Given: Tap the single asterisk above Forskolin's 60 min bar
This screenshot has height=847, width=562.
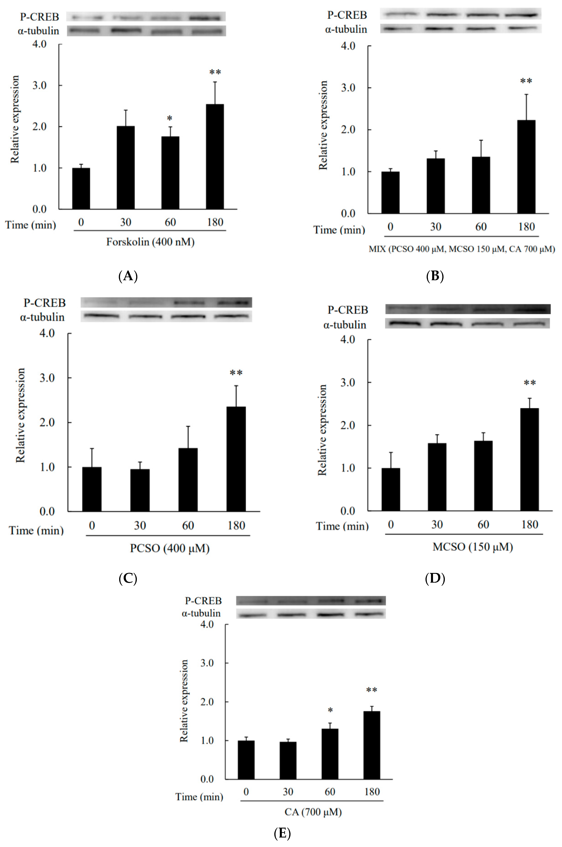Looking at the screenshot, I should (x=170, y=118).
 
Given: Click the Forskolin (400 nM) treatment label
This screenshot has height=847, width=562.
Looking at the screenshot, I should (x=150, y=242).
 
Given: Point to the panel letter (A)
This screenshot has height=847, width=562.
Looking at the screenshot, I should (x=128, y=276).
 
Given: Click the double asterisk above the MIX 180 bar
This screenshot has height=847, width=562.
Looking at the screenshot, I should (x=526, y=81).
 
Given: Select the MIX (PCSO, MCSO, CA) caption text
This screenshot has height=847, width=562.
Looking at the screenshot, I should (x=462, y=249).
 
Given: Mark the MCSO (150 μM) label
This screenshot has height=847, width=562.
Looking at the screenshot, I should (x=472, y=547).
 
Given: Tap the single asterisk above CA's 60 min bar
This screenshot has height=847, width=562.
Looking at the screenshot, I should (x=330, y=710).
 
